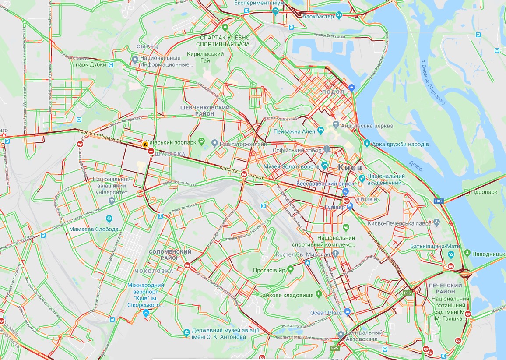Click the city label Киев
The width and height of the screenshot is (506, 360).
pyautogui.click(x=350, y=168)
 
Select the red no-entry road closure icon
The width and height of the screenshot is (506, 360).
pyautogui.click(x=151, y=151)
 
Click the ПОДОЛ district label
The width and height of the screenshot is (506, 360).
pyautogui.click(x=333, y=92)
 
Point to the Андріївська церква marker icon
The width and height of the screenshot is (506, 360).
pyautogui.click(x=336, y=126)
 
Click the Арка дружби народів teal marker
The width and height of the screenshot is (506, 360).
pyautogui.click(x=367, y=144)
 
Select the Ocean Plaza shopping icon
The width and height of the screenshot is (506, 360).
pyautogui.click(x=347, y=312)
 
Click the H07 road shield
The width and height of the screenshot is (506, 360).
pyautogui.click(x=439, y=201)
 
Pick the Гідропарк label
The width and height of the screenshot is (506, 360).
pyautogui.click(x=480, y=191)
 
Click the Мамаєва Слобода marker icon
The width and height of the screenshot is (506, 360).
pyautogui.click(x=109, y=219)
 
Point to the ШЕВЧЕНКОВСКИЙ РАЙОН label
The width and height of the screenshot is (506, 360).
pyautogui.click(x=205, y=111)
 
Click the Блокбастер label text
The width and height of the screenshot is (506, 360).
pyautogui.click(x=319, y=16)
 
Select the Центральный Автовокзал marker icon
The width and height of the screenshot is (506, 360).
pyautogui.click(x=341, y=335)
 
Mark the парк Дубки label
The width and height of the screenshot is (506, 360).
pyautogui.click(x=91, y=64)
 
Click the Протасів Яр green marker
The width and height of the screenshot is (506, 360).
pyautogui.click(x=289, y=270)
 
